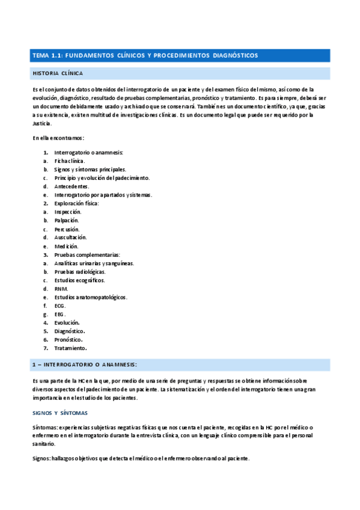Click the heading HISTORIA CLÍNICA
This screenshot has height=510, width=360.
(57, 73)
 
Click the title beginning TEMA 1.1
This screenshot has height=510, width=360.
(145, 55)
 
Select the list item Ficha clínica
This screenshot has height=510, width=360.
(69, 161)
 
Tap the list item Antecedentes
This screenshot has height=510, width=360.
(72, 186)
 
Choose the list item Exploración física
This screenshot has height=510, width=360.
(76, 203)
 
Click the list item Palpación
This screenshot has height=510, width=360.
(67, 221)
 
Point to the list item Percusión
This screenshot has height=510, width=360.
(67, 229)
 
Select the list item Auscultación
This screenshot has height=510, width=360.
(70, 238)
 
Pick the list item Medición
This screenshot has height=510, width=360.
(66, 246)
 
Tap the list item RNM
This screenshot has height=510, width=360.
(61, 288)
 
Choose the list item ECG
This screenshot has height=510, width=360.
(59, 306)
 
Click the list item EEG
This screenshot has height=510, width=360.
(59, 314)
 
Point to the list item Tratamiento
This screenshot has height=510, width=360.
(71, 348)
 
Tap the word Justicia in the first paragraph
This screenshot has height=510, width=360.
(42, 123)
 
